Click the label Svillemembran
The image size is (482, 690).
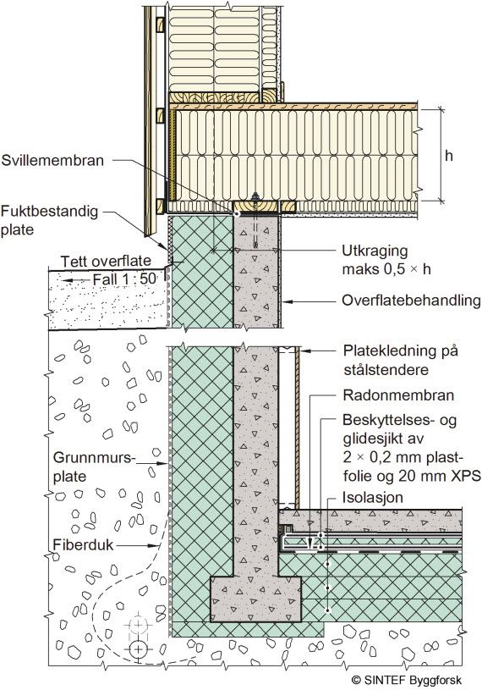(52, 160)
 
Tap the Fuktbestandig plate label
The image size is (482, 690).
(49, 220)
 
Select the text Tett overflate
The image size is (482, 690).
(106, 261)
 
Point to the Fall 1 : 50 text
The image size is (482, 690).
(124, 279)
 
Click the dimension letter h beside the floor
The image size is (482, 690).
(449, 155)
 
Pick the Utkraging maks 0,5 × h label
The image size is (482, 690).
(386, 260)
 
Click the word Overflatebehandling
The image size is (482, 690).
(411, 301)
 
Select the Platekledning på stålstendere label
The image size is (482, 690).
(400, 360)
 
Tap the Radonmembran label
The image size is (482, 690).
(398, 395)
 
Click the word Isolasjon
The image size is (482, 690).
(373, 498)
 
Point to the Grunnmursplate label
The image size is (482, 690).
(93, 466)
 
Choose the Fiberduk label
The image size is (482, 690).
(83, 544)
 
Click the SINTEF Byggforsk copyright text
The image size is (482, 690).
(407, 680)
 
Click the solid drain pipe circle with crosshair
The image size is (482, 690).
(139, 649)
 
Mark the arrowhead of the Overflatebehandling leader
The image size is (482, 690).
(285, 302)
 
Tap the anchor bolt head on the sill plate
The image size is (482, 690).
(255, 196)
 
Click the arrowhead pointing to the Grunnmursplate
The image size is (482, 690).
(164, 463)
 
